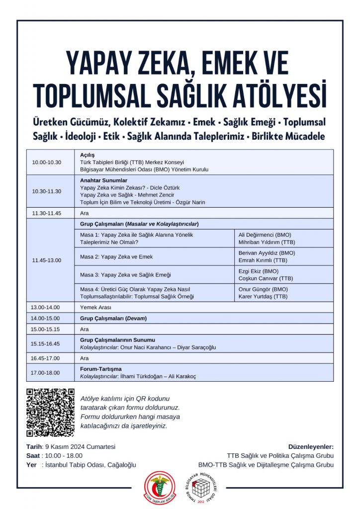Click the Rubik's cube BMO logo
201,487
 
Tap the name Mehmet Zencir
151,195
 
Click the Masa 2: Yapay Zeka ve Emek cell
116,256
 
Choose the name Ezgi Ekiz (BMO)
259,271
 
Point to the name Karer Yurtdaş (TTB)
263,296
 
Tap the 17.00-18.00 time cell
45,373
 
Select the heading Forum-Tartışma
101,369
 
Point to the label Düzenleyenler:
311,446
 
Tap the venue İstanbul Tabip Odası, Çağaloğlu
90,465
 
